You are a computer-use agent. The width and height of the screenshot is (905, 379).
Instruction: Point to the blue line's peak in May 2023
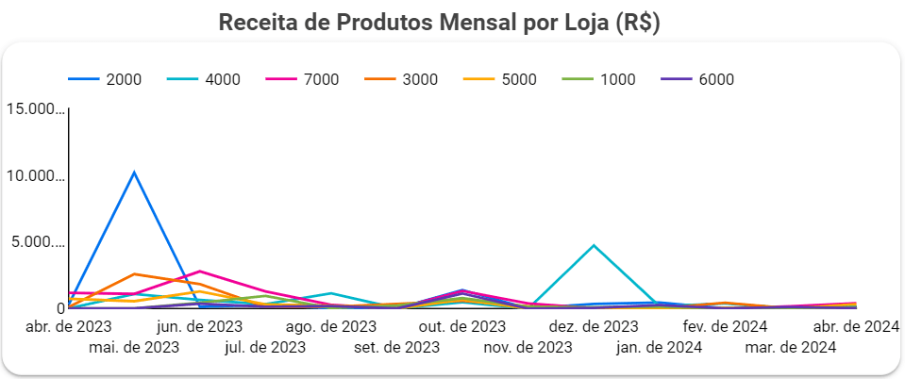pyautogui.click(x=134, y=173)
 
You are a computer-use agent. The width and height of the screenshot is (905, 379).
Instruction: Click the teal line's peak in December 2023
pyautogui.click(x=594, y=245)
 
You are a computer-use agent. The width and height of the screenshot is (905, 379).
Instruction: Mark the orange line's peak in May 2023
pyautogui.click(x=134, y=273)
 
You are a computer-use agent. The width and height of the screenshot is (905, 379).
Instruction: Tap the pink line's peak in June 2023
pyautogui.click(x=200, y=272)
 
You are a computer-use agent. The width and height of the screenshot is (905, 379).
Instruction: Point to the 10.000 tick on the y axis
pyautogui.click(x=34, y=176)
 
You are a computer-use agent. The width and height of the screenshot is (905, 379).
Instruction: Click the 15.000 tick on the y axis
pyautogui.click(x=34, y=110)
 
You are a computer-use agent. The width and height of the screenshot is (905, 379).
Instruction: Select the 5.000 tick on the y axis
pyautogui.click(x=34, y=242)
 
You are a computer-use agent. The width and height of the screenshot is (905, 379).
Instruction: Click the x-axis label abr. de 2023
pyautogui.click(x=68, y=327)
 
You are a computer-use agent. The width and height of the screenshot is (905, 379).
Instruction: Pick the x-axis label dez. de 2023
pyautogui.click(x=594, y=327)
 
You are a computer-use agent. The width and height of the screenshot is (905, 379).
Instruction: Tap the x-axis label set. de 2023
pyautogui.click(x=397, y=347)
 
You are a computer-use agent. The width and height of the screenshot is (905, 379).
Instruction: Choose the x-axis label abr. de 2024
pyautogui.click(x=855, y=327)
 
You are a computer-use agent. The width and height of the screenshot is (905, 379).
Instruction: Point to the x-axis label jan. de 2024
pyautogui.click(x=659, y=347)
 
